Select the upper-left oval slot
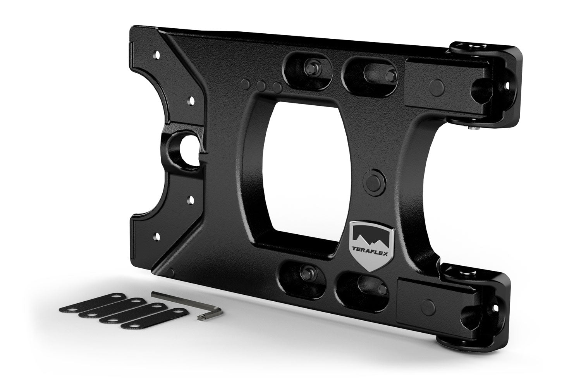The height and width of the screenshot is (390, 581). pos(308,67)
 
